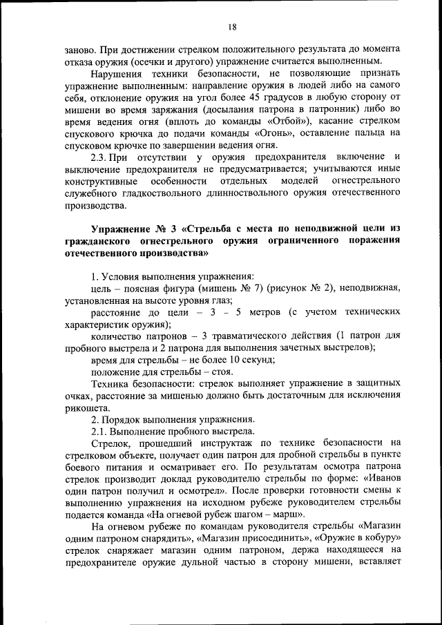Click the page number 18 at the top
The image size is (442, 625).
[x=232, y=27]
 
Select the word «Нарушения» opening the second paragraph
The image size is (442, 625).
[x=113, y=73]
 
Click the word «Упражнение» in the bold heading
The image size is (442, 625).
[x=122, y=229]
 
